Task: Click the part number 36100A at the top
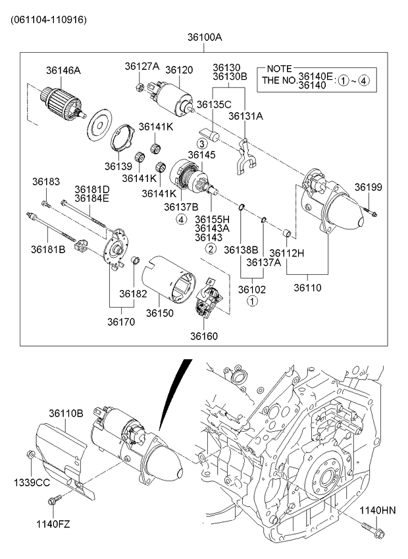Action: coord(204,38)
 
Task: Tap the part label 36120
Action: coord(178,69)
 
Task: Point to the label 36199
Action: coord(369,187)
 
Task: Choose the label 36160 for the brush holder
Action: coord(204,336)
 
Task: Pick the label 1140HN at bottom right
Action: coord(378,510)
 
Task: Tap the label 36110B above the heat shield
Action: coord(66,413)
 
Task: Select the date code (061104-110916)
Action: coord(48,19)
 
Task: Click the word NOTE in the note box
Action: coord(280,69)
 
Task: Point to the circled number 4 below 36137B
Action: coord(180,220)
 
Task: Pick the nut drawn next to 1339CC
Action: coord(30,454)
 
